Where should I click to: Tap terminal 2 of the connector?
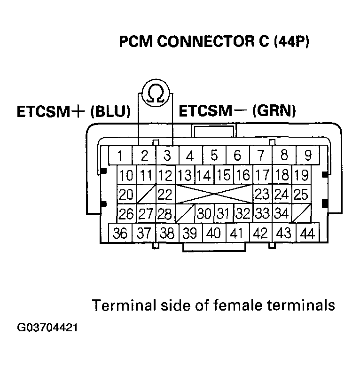[x=144, y=156]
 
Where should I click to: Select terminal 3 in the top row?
[x=166, y=156]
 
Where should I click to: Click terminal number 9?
[x=308, y=155]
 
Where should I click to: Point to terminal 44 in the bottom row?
[x=308, y=233]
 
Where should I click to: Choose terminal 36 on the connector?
[x=120, y=233]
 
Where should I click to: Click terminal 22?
[x=165, y=194]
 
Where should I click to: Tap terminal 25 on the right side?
[x=300, y=194]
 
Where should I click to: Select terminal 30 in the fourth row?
[x=205, y=213]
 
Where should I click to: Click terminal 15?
[x=224, y=175]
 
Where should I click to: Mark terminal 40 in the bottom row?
[x=214, y=233]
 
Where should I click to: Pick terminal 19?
[x=300, y=175]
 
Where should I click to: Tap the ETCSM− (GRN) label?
[x=237, y=111]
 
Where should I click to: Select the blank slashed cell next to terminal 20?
[x=146, y=194]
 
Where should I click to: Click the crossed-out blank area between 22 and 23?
[x=214, y=194]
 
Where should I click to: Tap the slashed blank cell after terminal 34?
[x=301, y=213]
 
